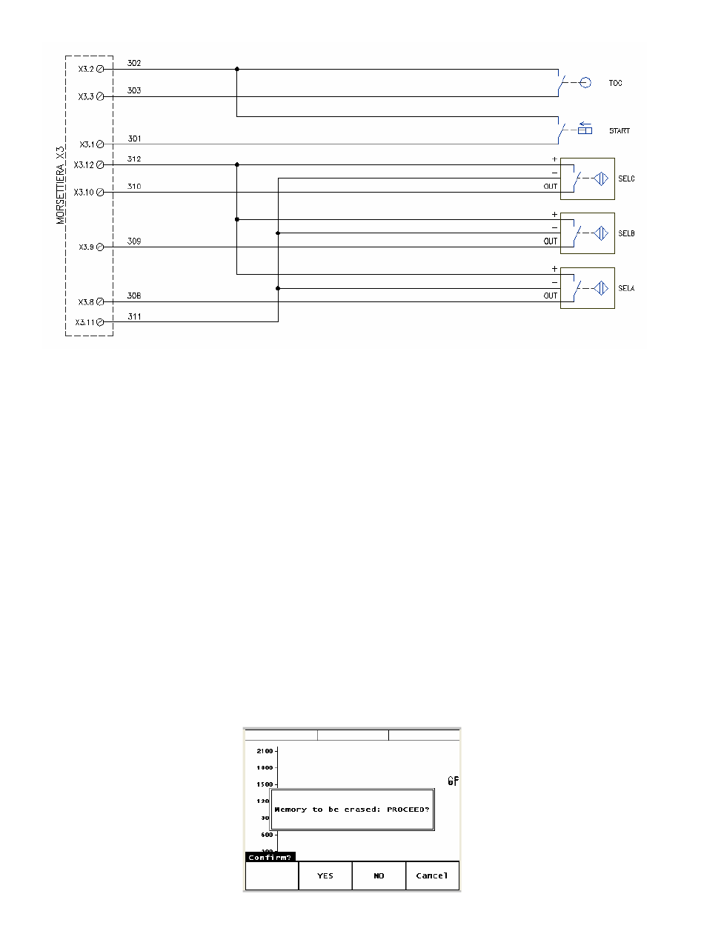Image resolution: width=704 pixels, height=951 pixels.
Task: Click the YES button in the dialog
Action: [325, 875]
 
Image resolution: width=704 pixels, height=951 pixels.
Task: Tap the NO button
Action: [379, 875]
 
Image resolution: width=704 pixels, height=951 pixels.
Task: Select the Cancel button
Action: [432, 875]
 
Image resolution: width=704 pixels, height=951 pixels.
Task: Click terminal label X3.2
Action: [85, 69]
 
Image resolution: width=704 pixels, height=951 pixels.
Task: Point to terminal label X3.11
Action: [84, 322]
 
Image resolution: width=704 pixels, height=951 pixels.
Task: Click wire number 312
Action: [134, 159]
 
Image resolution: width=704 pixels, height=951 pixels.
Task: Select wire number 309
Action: [134, 241]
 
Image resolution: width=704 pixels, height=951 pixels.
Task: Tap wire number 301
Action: [134, 139]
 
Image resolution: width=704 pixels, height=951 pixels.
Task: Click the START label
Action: [620, 131]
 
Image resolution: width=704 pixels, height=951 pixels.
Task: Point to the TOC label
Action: [615, 83]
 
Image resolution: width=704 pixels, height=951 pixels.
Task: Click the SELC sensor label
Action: [626, 179]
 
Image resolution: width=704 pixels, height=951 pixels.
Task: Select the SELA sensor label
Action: [626, 288]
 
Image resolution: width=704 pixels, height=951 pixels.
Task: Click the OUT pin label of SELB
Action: [550, 241]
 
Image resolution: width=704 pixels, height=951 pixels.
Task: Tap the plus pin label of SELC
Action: [554, 159]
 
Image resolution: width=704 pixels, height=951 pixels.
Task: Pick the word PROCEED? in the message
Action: [408, 809]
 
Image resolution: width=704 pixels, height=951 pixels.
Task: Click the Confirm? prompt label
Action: [270, 857]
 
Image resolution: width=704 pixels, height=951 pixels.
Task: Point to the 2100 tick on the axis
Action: [265, 751]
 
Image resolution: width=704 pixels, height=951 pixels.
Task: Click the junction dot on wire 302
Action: [237, 69]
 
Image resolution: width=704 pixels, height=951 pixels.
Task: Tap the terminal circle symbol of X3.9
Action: [100, 247]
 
